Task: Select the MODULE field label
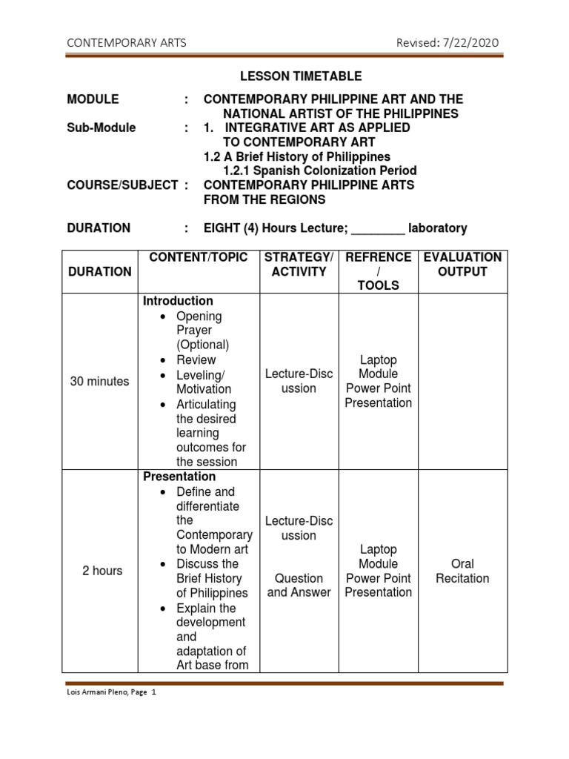coord(93,99)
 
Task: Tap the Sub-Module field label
coord(102,127)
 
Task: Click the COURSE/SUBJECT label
coord(122,185)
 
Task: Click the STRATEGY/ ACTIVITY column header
coord(299,265)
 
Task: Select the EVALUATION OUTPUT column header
coord(462,265)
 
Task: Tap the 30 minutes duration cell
coord(99,382)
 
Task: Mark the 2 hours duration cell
coord(102,571)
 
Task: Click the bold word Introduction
coord(178,302)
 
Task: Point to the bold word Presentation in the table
coord(179,477)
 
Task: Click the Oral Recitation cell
coord(462,571)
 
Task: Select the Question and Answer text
coord(299,585)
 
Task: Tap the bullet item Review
coord(196,360)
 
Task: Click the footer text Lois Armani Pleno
coord(97,692)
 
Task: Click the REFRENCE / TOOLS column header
coord(378,271)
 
